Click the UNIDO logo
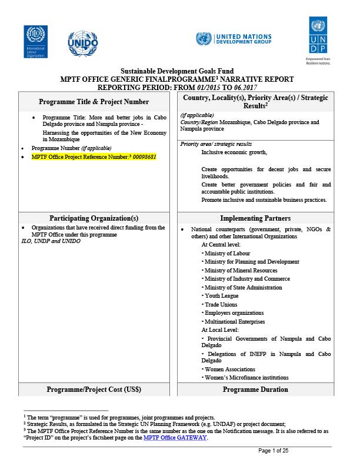tap(85, 41)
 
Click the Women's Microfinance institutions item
tap(242, 377)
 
